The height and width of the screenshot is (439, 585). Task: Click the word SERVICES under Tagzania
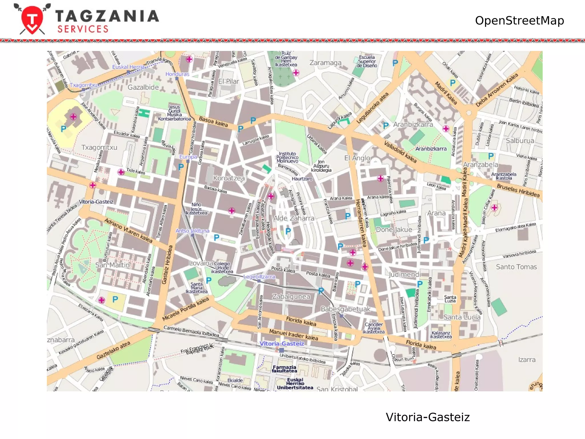83,29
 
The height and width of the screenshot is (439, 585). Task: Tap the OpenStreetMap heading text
519,21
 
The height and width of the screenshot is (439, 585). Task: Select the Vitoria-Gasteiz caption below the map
427,417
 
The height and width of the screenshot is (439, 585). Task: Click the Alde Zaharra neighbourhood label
294,218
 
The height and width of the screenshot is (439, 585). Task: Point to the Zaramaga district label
325,63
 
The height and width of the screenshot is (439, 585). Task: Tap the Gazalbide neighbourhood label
143,87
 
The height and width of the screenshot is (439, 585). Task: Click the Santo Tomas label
516,267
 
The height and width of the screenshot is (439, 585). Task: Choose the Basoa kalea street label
213,122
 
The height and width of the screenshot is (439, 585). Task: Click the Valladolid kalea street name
400,152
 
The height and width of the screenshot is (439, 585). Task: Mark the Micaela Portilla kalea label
186,309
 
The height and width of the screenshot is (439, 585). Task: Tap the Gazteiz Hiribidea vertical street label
168,264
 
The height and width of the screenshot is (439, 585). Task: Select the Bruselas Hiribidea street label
518,191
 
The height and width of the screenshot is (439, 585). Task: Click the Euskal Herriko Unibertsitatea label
295,384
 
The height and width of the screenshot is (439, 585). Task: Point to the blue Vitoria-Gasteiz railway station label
282,344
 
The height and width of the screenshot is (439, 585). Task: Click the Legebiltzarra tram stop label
259,277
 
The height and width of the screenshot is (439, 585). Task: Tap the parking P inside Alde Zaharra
288,231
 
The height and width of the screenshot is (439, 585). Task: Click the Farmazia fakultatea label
284,369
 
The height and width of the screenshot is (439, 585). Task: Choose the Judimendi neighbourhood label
404,275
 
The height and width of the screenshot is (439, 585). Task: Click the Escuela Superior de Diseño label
367,61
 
